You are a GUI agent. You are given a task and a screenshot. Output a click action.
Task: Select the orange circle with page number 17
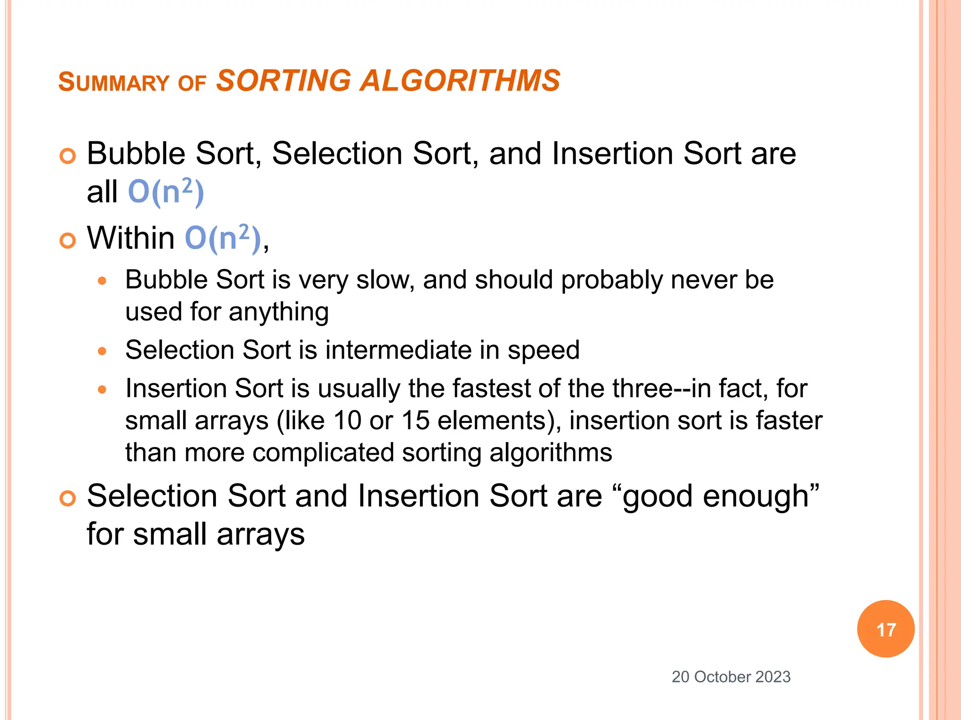[885, 629]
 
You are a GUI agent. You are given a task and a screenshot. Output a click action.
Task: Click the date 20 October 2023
[731, 677]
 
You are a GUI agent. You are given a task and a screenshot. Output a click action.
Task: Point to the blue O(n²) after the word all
[166, 192]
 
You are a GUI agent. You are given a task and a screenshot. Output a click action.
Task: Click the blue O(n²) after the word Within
[222, 238]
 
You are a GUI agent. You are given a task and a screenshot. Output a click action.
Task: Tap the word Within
[131, 238]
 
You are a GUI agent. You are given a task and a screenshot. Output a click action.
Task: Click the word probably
[612, 280]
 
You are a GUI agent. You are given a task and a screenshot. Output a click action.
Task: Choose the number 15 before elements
[416, 420]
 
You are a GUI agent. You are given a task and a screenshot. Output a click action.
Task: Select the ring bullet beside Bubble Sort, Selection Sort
[68, 156]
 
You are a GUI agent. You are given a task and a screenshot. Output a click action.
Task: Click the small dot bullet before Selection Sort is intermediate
[102, 351]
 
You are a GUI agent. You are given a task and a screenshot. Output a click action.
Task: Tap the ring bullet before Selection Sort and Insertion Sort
[68, 498]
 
